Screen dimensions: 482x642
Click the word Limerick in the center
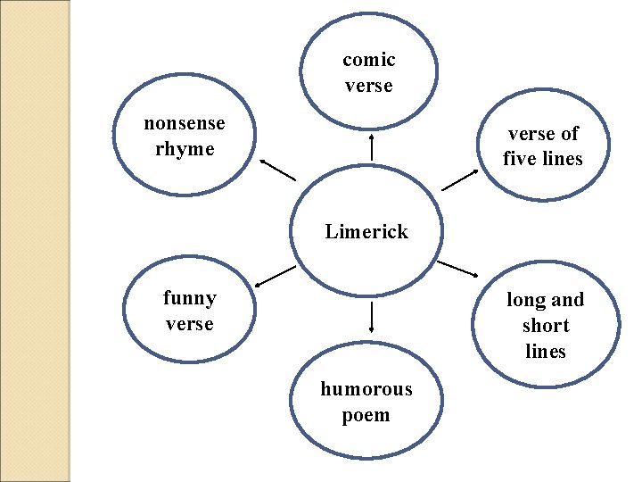pos(366,232)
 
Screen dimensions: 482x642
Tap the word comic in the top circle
pos(368,61)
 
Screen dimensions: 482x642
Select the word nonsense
pos(185,123)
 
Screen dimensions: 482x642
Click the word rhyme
pos(185,149)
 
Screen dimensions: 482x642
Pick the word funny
pos(189,297)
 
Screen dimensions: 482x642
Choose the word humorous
pos(366,389)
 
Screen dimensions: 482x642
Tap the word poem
pos(366,415)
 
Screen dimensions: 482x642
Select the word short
pos(546,326)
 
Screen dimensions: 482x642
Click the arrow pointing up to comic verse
pos(371,146)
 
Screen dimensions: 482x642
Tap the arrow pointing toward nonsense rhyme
pos(277,170)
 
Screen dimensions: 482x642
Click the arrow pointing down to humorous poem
pos(370,318)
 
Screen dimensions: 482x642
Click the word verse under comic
pos(368,87)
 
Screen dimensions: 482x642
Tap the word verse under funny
pos(189,323)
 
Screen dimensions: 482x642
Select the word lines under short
pos(546,352)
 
